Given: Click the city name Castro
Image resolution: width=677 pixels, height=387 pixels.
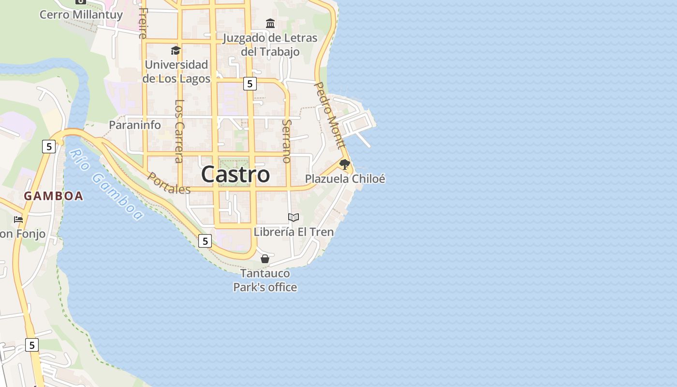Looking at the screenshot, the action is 235,174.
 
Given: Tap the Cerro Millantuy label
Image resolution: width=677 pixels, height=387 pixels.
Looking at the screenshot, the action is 74,15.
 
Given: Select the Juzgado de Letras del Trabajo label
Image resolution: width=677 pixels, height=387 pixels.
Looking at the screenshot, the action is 270,45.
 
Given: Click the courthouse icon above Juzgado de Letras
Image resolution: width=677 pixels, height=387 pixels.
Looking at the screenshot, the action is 270,23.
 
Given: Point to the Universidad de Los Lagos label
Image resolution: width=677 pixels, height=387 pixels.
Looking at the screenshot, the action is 177,71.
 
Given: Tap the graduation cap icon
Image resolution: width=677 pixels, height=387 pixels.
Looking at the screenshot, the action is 176,50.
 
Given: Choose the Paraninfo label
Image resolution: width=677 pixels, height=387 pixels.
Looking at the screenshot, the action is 134,125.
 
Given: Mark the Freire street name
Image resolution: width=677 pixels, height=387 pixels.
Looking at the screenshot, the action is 143,23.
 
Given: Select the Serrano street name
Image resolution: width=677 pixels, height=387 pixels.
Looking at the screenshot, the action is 287,140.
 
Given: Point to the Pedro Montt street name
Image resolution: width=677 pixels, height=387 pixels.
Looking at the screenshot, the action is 330,115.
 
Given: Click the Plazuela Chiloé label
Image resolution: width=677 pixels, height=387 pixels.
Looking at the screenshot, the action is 345,179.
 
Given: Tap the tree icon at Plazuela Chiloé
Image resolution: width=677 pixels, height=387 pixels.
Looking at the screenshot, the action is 344,164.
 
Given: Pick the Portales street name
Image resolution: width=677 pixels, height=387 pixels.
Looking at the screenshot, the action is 169,183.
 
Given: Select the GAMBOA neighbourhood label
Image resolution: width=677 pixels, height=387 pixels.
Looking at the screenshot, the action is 54,196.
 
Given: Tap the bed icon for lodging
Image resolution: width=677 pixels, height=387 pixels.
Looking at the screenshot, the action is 18,220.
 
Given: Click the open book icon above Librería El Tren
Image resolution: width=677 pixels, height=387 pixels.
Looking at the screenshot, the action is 294,218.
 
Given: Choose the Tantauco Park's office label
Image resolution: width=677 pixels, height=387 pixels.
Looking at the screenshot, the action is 265,280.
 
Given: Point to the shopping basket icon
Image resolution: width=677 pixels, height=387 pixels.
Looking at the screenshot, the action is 265,259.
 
